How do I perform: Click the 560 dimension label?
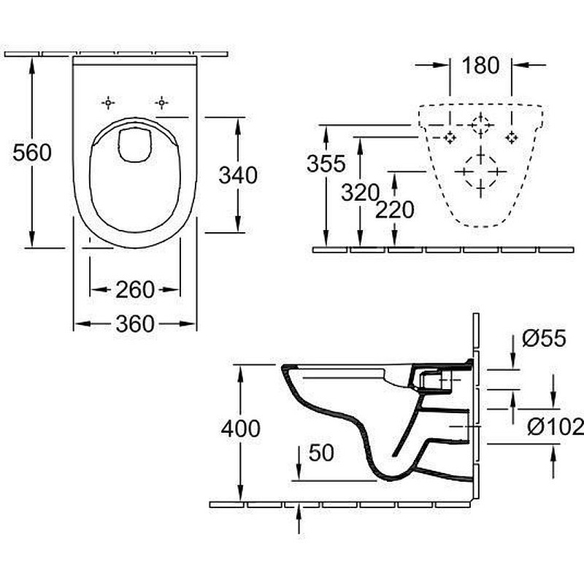[32, 153]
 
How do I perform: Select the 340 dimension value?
[238, 175]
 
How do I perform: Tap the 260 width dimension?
[135, 289]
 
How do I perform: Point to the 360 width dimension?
[135, 323]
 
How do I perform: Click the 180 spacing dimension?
[480, 65]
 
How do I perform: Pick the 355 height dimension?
[326, 163]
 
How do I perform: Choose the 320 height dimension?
[360, 193]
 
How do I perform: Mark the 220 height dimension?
[395, 210]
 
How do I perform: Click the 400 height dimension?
[241, 429]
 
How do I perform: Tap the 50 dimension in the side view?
[321, 453]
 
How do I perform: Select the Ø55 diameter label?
[544, 338]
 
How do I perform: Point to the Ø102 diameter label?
[556, 426]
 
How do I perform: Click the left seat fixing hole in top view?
[108, 102]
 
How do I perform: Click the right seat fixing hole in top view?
[161, 102]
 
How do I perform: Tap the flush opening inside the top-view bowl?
[135, 145]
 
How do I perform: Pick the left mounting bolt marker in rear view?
[450, 138]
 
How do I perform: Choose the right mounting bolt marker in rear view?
[512, 138]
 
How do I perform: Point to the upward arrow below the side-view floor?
[299, 519]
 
